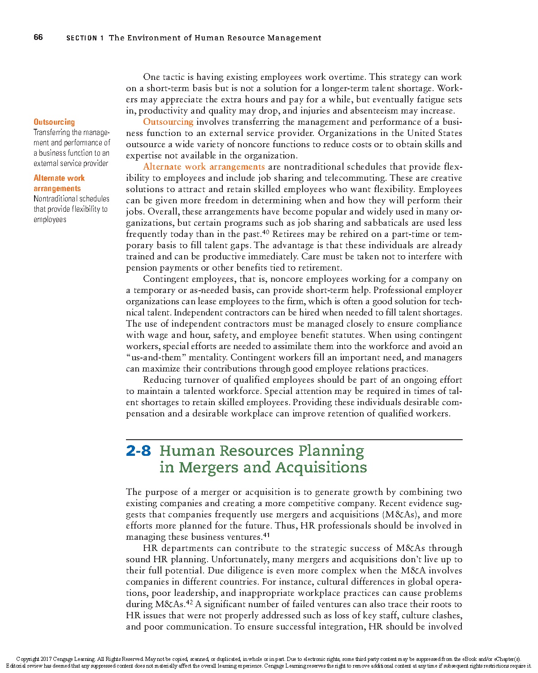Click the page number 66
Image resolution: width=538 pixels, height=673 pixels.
(38, 37)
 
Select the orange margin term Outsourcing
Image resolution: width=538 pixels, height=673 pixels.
(54, 122)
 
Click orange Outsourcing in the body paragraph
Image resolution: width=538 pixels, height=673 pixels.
(168, 122)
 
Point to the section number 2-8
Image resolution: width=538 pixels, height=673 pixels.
(139, 451)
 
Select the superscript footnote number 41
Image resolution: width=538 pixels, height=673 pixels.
(266, 535)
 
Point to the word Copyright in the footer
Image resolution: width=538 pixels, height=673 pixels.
(27, 659)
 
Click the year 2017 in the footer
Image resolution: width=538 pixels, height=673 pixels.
(46, 659)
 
